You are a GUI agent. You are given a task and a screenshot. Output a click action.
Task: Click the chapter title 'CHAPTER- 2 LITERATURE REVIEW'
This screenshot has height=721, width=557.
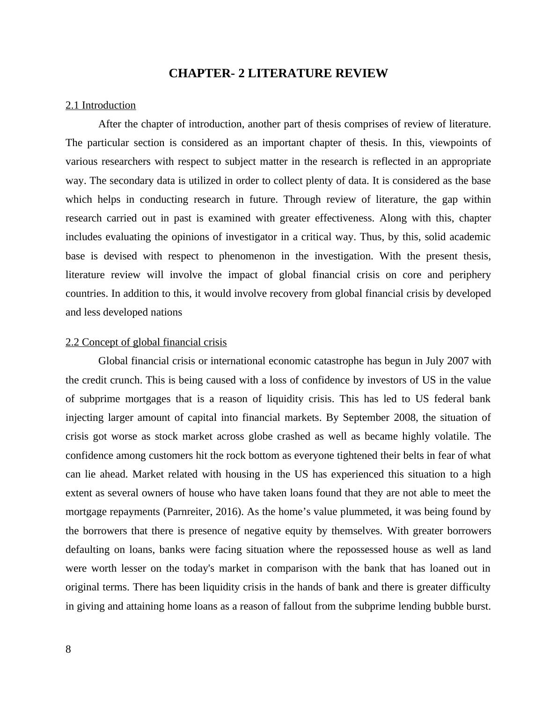[278, 74]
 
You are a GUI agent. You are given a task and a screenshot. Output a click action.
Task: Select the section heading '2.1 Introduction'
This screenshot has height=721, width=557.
[101, 105]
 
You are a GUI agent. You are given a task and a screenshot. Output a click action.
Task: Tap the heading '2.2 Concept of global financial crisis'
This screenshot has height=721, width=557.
[146, 342]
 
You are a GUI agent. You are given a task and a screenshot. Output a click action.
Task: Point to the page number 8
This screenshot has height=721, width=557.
[68, 649]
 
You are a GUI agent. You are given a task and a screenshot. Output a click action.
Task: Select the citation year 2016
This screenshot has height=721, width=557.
[228, 512]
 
